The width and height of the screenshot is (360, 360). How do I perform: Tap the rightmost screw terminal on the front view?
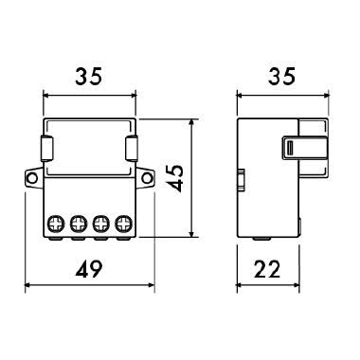[123, 224]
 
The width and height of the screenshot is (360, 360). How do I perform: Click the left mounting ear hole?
[32, 176]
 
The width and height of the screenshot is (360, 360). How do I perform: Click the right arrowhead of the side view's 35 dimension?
[318, 94]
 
